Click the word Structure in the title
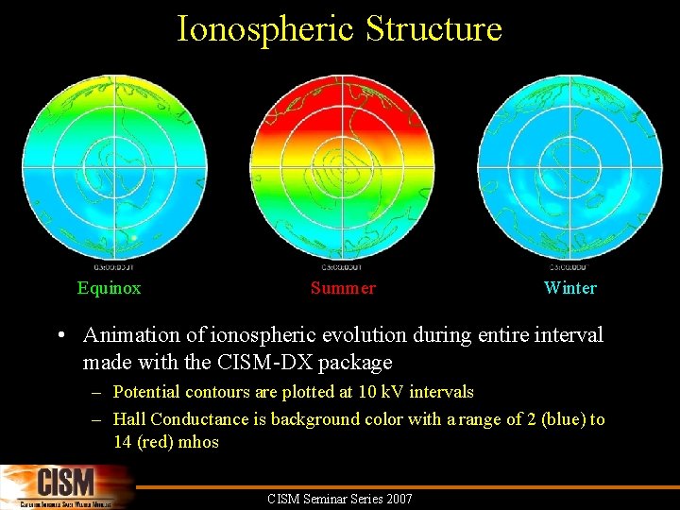coord(433,29)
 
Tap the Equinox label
coord(109,288)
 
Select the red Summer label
coord(343,288)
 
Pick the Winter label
coord(570,288)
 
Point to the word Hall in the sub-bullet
coord(129,419)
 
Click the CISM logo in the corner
coord(66,487)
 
